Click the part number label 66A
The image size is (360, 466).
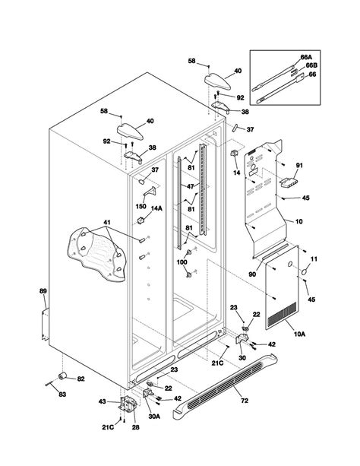pyautogui.click(x=306, y=57)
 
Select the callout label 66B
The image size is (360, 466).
pyautogui.click(x=311, y=65)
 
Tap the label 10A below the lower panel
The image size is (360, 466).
pyautogui.click(x=299, y=334)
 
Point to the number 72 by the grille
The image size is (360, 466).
pyautogui.click(x=244, y=401)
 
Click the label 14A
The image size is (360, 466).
pyautogui.click(x=156, y=208)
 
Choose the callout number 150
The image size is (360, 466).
pyautogui.click(x=141, y=206)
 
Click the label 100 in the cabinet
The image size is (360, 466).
pyautogui.click(x=182, y=262)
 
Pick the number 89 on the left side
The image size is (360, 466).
pyautogui.click(x=43, y=291)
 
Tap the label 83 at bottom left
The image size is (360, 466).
pyautogui.click(x=62, y=395)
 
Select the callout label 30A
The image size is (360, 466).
pyautogui.click(x=154, y=417)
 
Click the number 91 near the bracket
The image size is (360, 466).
pyautogui.click(x=299, y=165)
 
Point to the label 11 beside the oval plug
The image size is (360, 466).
pyautogui.click(x=314, y=259)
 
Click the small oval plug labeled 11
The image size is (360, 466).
pyautogui.click(x=304, y=272)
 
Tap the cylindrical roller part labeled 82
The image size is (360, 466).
pyautogui.click(x=62, y=376)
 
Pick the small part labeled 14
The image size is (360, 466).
pyautogui.click(x=235, y=154)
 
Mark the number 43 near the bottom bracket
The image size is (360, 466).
pyautogui.click(x=103, y=402)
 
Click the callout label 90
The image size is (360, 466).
pyautogui.click(x=252, y=274)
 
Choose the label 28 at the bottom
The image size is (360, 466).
pyautogui.click(x=135, y=427)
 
